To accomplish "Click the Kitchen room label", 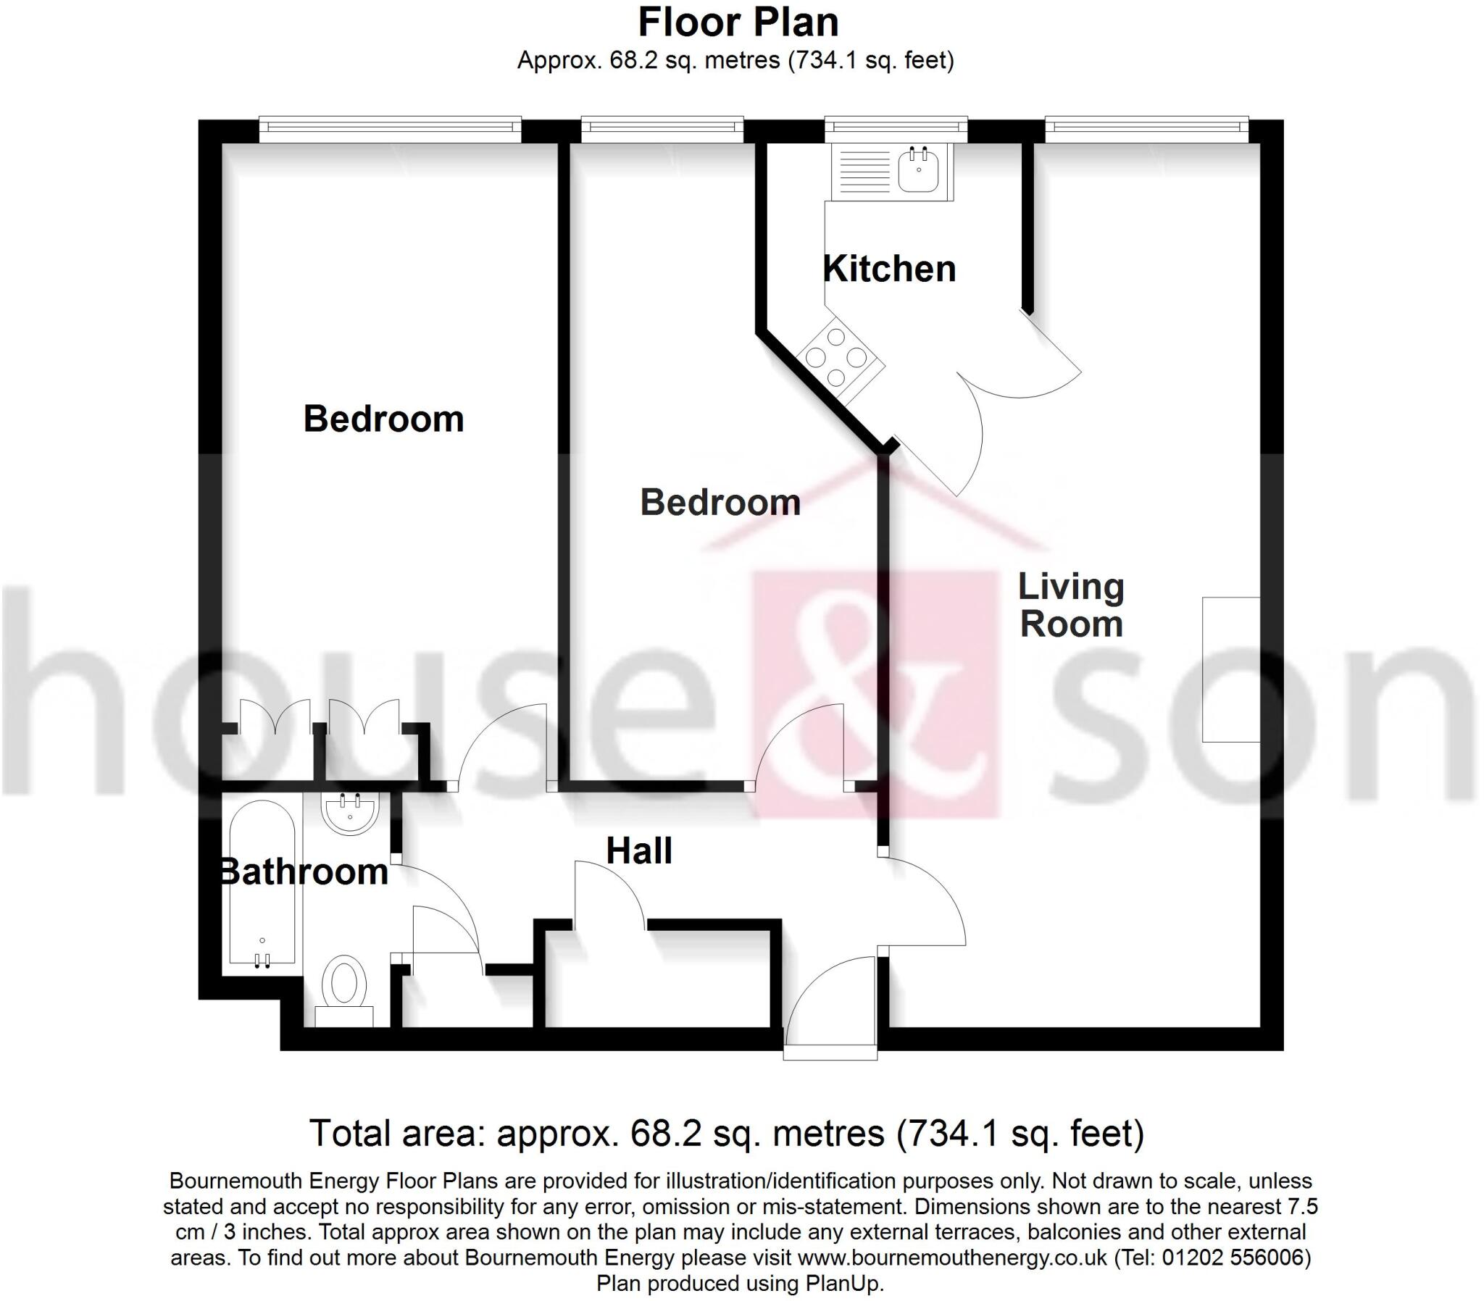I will tap(888, 269).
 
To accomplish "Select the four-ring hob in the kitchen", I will tap(836, 357).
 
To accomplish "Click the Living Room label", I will tap(1071, 606).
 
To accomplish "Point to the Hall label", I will tap(639, 851).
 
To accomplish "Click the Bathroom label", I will tap(304, 871).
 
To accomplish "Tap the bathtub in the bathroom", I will tap(262, 883).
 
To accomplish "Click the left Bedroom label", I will tap(383, 419).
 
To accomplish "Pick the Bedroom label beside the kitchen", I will tap(720, 503).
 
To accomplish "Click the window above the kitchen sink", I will tap(896, 128).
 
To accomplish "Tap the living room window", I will tap(1146, 128).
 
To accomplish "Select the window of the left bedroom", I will tap(390, 128).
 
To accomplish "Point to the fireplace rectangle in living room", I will tap(1230, 669).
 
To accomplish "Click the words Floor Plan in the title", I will tap(738, 22).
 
